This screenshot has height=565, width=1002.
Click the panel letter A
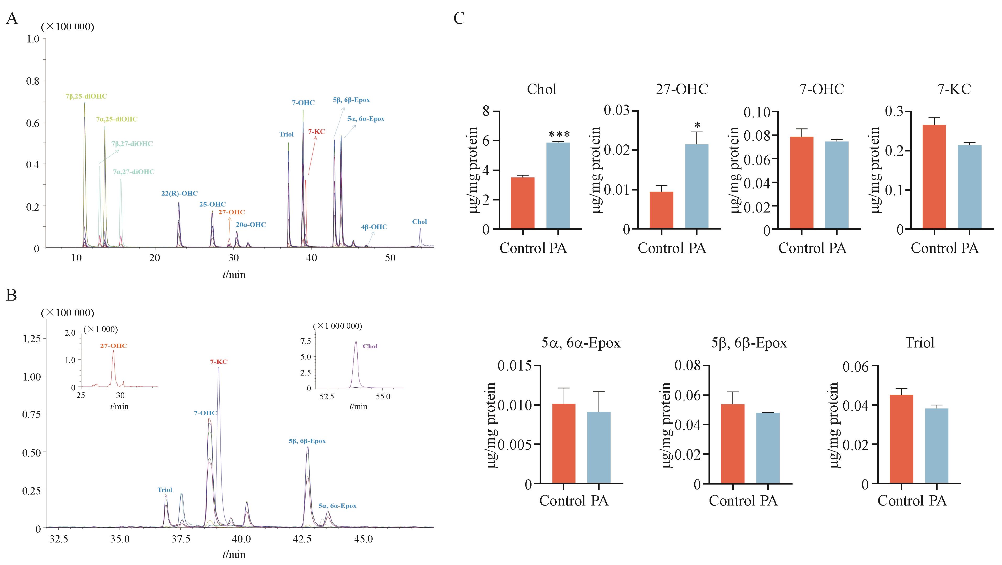coord(12,19)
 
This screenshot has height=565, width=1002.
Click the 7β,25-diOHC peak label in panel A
coord(86,96)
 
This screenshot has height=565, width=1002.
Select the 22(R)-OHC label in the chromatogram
coord(179,193)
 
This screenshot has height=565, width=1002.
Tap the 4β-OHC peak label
coord(374,227)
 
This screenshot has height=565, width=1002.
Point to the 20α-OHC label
coord(251,225)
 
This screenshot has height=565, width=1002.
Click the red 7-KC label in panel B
coord(219,362)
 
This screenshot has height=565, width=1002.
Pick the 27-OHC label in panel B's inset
coord(114,346)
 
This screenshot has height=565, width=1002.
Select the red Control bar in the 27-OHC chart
coord(661,210)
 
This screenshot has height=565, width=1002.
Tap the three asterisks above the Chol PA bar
coord(559,135)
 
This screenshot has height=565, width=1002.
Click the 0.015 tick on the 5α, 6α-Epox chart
coord(514,366)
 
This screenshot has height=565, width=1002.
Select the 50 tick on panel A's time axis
coord(390,258)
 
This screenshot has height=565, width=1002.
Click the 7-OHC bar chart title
coord(822,89)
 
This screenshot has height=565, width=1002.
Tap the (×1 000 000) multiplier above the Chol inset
coord(338,326)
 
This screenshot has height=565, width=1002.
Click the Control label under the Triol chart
coord(895,500)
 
